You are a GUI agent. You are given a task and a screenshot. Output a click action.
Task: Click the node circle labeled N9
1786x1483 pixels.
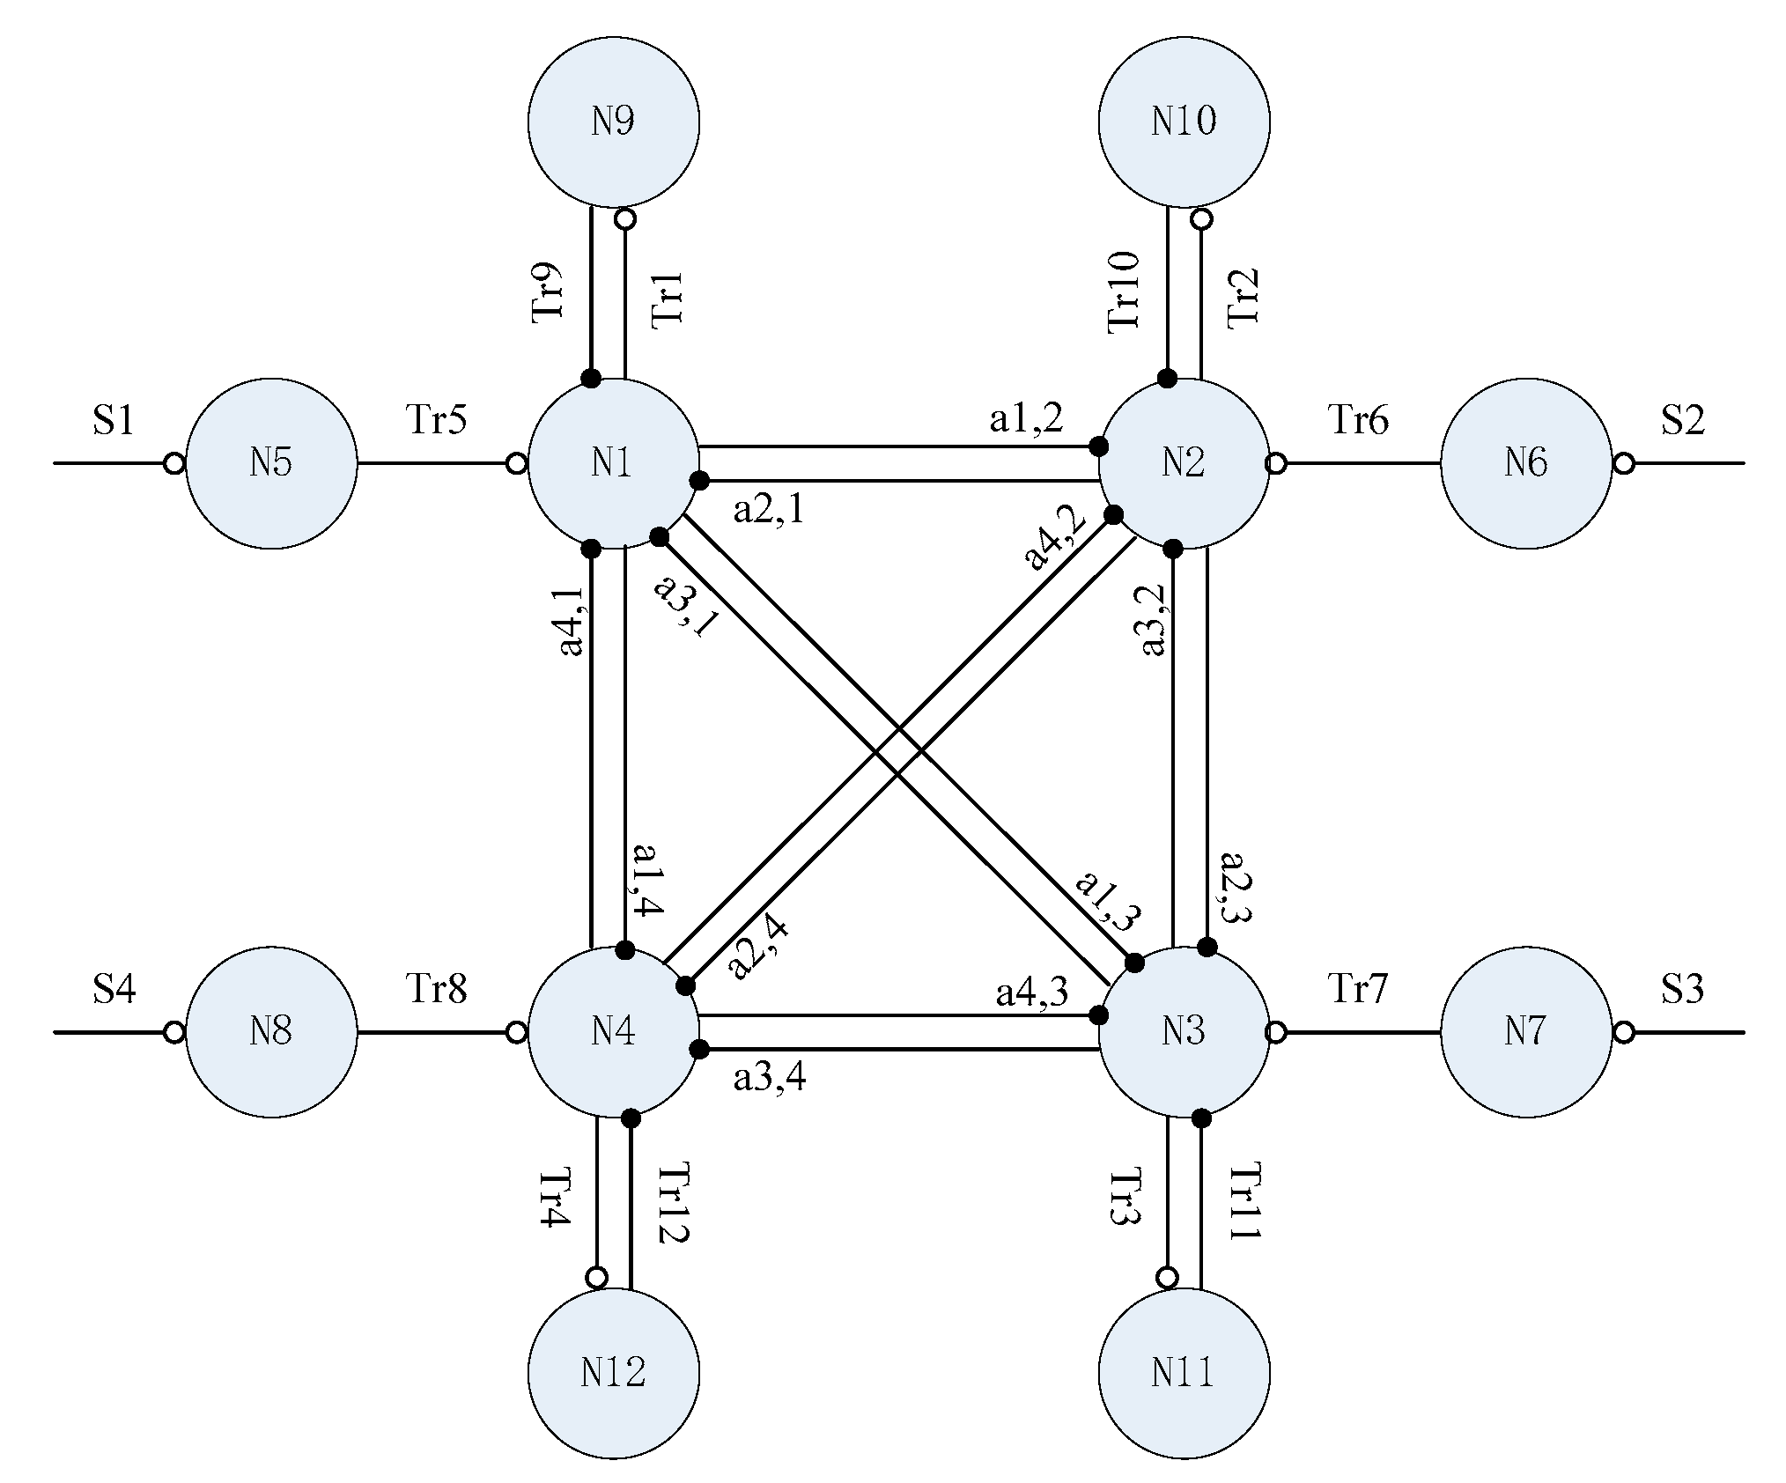(614, 122)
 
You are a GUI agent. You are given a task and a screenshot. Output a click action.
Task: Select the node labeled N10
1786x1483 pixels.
(1184, 122)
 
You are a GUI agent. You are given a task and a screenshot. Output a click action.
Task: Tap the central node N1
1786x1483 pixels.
(614, 463)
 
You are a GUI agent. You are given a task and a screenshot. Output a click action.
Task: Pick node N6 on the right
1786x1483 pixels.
(1526, 463)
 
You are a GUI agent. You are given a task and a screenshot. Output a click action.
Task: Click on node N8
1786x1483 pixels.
(271, 1031)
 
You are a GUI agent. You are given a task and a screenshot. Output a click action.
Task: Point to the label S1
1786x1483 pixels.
(114, 421)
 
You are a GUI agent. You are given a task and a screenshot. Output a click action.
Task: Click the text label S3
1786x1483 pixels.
(1682, 990)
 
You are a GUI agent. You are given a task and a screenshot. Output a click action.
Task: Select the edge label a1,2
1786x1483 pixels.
(1026, 419)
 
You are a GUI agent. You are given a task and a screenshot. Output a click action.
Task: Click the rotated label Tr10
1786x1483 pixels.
(1125, 292)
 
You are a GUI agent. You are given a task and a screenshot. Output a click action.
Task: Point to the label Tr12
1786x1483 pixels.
(674, 1203)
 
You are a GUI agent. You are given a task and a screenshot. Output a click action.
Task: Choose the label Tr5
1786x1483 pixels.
(436, 420)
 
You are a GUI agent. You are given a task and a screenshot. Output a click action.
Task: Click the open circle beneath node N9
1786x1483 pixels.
(624, 218)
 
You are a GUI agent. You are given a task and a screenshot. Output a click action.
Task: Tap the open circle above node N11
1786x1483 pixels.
(1167, 1277)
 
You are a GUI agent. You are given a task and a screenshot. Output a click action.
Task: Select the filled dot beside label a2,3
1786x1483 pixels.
(1208, 948)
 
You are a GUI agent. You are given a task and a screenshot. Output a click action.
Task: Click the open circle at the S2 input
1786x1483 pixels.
(1623, 463)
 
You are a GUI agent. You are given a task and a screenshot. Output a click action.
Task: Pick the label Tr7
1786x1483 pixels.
(1358, 989)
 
